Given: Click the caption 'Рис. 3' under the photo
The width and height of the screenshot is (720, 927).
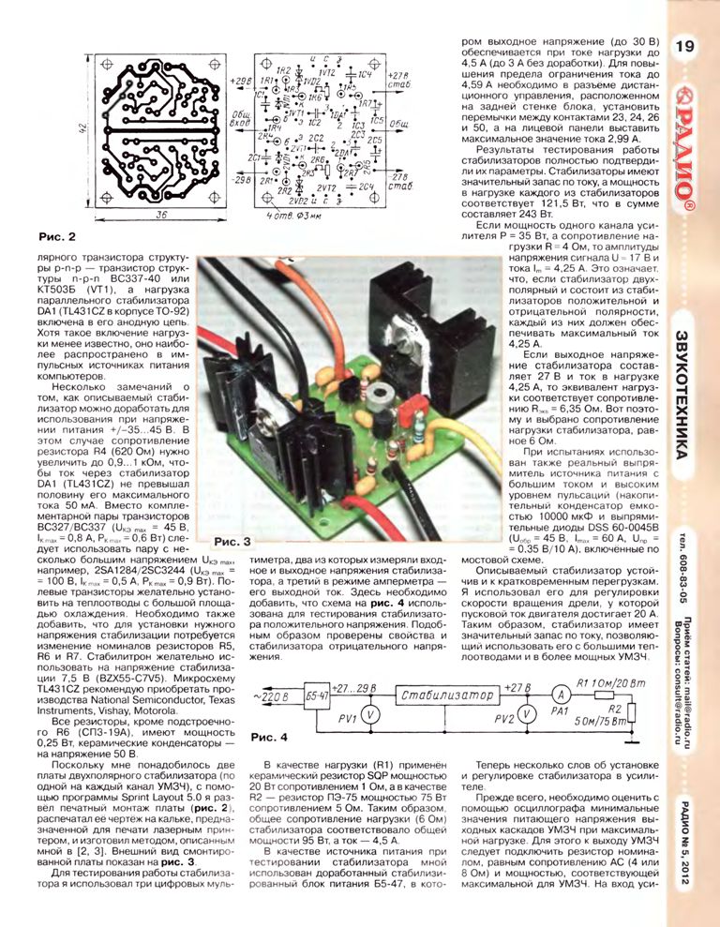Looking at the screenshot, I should pyautogui.click(x=232, y=542).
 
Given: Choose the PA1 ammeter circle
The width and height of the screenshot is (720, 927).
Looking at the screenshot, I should pyautogui.click(x=560, y=695).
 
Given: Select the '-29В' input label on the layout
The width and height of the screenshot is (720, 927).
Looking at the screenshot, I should pyautogui.click(x=240, y=179).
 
